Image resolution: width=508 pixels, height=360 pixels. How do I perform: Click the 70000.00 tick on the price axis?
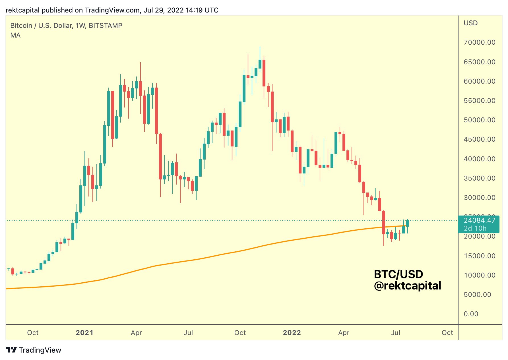pos(479,42)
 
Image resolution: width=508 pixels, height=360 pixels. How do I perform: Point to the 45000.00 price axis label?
pos(479,139)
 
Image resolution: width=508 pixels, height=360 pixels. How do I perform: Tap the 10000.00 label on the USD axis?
pos(479,275)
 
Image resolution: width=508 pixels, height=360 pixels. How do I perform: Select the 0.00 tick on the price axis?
pos(471,314)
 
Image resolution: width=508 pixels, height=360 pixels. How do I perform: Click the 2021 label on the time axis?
pos(84,333)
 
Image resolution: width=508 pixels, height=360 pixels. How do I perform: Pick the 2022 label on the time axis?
pos(292,333)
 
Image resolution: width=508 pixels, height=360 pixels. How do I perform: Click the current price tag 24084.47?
pos(479,220)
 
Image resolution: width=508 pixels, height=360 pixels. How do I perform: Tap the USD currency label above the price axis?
pos(470,23)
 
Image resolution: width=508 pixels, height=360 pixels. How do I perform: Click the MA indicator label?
pos(15,35)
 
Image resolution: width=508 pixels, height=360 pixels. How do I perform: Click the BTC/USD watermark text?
pos(398,274)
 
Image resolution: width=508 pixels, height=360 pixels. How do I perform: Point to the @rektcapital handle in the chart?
pos(407,286)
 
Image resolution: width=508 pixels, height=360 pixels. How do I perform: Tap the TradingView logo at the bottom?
pos(34,350)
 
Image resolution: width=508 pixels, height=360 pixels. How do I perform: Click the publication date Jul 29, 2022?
pos(163,10)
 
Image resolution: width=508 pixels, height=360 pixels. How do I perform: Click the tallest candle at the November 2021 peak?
pos(260,64)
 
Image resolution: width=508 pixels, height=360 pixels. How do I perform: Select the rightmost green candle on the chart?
pos(407,223)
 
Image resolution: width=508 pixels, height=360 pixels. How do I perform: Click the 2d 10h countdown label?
pos(475,228)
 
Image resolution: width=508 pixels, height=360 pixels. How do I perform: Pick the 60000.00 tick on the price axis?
pos(479,81)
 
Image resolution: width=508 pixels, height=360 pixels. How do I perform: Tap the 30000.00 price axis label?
pos(479,198)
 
